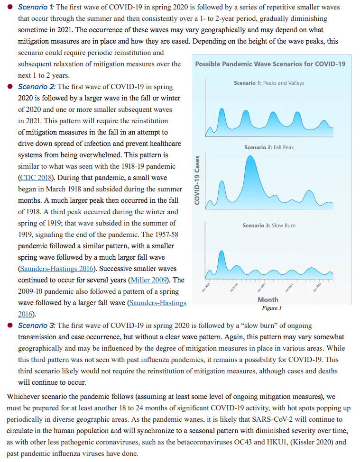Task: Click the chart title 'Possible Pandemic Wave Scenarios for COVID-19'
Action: pos(270,64)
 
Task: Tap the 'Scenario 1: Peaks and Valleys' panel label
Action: pos(269,83)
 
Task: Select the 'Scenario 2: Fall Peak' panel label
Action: pos(269,147)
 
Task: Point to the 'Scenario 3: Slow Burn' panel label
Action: pos(268,225)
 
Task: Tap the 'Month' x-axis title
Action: pos(268,299)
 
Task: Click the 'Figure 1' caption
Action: pos(272,308)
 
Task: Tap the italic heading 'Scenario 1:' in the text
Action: pos(37,7)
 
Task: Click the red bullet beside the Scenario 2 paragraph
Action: pos(10,87)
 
